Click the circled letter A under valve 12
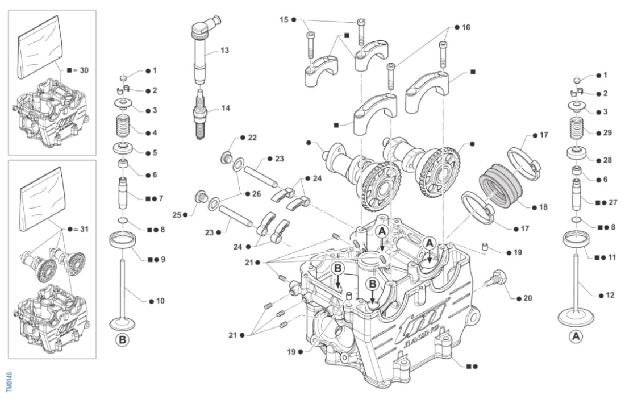click(x=576, y=336)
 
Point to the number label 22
click(x=252, y=138)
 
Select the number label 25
click(x=177, y=215)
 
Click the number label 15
click(x=284, y=19)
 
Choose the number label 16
click(x=466, y=27)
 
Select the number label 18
click(x=543, y=207)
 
